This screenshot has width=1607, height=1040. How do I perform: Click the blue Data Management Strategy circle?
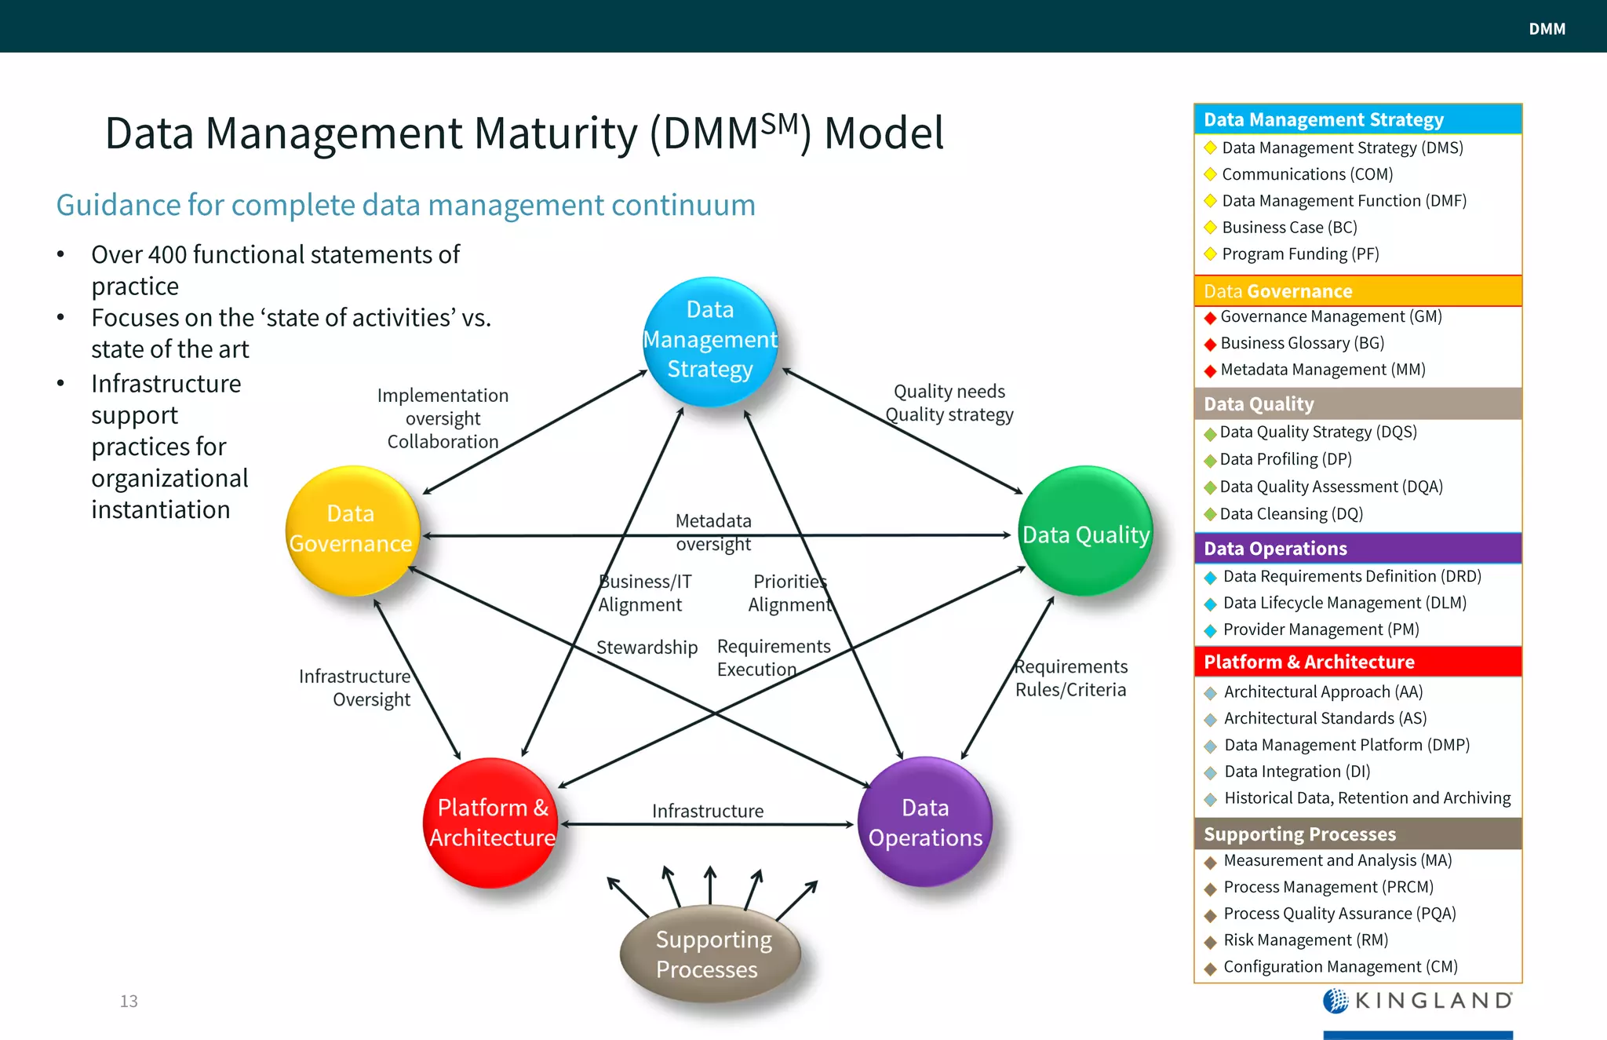(710, 341)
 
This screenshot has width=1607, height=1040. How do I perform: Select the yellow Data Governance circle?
(352, 530)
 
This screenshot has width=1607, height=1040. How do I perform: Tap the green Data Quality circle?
(1085, 531)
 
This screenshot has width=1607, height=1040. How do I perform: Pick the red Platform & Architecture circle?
(491, 823)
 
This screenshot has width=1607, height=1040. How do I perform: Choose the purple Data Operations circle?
(925, 822)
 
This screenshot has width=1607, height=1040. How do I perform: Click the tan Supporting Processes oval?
(710, 954)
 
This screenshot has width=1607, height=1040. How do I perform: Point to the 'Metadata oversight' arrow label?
(713, 532)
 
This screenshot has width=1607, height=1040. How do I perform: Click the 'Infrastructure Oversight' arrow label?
(355, 688)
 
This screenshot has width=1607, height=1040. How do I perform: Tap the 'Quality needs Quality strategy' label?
(949, 403)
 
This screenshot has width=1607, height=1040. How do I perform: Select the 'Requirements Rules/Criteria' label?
(1071, 678)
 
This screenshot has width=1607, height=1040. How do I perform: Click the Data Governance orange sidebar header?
(1357, 291)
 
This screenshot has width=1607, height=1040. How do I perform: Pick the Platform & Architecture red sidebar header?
(1357, 662)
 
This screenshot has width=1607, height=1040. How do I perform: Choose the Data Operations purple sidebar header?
(1357, 548)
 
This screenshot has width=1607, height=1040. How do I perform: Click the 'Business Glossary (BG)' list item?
(1302, 343)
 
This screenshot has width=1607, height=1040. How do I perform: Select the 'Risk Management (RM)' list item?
(1306, 940)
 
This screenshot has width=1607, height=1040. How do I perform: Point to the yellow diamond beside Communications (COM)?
(1210, 174)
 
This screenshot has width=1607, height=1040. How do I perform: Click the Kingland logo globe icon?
(1335, 1001)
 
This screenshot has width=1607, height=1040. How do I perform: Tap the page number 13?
(129, 1001)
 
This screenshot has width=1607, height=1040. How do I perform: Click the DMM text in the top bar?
(1547, 29)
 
